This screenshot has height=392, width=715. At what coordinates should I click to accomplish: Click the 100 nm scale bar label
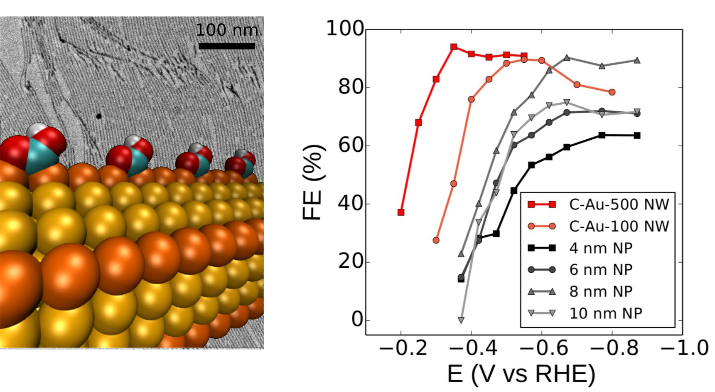pos(226,30)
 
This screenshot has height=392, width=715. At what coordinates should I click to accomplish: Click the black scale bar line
pos(226,46)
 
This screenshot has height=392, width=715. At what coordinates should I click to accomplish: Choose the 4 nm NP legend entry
pos(601,248)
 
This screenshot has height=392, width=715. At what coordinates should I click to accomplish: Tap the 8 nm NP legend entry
pos(601,291)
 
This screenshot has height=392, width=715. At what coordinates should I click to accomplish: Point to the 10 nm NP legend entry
pos(605,313)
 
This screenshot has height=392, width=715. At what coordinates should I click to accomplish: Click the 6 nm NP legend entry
pos(601,270)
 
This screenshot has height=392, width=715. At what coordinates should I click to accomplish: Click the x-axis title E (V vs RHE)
pos(521,374)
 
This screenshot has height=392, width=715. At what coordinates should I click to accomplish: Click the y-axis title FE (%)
pos(314,182)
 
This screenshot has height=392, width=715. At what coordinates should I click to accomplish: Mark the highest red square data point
pos(454,47)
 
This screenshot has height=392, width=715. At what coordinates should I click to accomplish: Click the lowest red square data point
pos(401,212)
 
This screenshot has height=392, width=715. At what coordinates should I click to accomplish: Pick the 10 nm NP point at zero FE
pos(461,320)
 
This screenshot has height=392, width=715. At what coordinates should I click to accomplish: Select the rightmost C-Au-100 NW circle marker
pos(612,92)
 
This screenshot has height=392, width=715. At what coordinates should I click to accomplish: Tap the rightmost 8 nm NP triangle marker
pos(637,60)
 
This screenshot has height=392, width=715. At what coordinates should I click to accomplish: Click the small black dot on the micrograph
pos(99,116)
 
